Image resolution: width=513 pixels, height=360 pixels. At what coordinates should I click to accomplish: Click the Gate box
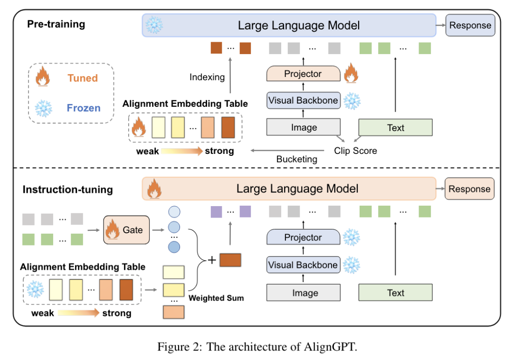point(126,230)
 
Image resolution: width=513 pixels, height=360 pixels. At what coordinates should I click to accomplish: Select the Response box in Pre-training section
point(470,25)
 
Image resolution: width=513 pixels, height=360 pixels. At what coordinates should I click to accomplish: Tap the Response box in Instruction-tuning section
point(469,189)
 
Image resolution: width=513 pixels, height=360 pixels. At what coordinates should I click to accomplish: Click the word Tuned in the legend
point(83,78)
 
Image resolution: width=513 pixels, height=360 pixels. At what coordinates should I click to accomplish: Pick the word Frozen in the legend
point(84,108)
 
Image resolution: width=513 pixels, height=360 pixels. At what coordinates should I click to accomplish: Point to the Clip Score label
point(355,151)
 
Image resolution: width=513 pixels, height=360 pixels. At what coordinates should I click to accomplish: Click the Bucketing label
point(297,159)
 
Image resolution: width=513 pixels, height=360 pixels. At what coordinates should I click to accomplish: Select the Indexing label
point(207,77)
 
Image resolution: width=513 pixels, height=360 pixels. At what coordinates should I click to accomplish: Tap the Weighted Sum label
point(216,298)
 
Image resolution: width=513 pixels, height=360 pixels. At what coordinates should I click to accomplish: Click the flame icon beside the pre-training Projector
point(351,73)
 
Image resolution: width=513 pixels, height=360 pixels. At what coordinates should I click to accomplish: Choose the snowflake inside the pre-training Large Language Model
point(154,25)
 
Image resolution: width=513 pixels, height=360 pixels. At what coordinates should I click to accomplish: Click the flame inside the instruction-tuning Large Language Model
point(154,189)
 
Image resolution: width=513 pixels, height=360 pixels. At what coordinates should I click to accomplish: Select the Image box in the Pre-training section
point(303,127)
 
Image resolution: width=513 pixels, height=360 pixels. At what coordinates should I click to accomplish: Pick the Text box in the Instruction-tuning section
point(396,293)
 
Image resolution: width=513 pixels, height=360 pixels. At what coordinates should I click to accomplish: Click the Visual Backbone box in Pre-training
point(303,100)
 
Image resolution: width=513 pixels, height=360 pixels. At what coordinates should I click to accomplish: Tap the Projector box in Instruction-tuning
point(303,237)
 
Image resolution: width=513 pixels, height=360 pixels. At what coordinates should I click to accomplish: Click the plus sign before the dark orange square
point(212,260)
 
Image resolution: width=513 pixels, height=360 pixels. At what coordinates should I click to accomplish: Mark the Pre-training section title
point(56,24)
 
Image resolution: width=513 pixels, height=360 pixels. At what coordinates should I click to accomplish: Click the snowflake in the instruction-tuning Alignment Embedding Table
point(35,289)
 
